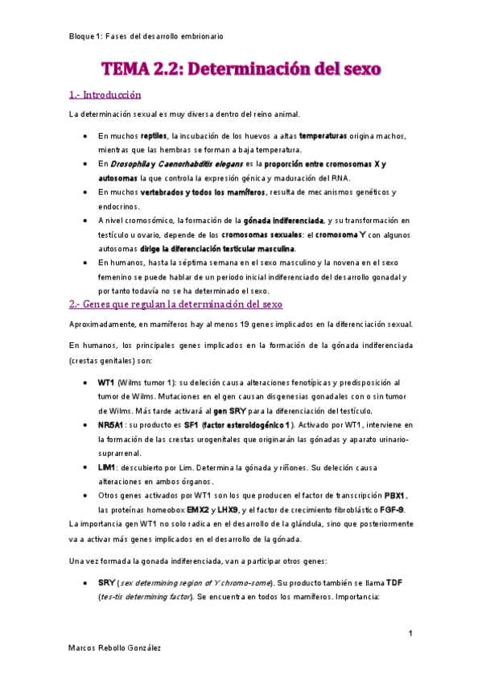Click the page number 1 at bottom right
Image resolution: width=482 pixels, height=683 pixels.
click(410, 635)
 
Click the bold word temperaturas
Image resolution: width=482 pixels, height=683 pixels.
click(323, 136)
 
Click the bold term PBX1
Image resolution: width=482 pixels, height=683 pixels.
click(395, 495)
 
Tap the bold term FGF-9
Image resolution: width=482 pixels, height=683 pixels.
click(391, 509)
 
